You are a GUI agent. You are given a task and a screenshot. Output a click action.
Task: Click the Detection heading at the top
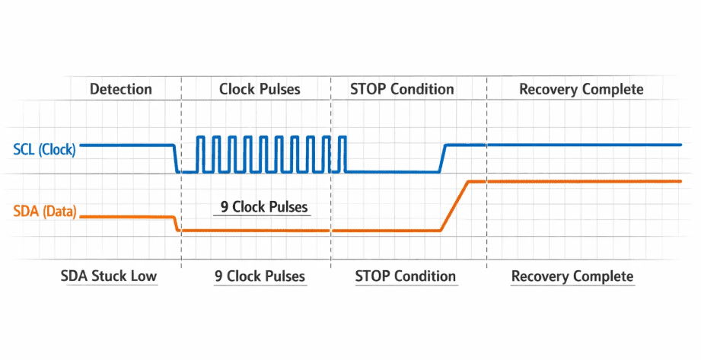[x=121, y=89]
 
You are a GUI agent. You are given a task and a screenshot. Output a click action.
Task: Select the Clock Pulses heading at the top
[x=260, y=89]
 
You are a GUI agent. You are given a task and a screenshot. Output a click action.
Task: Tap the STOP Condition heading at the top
[x=402, y=89]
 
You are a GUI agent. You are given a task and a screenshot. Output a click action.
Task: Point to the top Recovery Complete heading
[x=582, y=90]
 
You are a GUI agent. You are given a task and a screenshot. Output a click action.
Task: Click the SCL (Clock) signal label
[x=44, y=149]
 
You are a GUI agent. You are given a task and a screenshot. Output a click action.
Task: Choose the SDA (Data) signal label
[x=45, y=211]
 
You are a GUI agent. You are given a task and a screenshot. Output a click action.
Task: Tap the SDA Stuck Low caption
[x=109, y=276]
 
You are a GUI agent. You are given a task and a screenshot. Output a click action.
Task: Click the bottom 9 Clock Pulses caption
[x=260, y=276]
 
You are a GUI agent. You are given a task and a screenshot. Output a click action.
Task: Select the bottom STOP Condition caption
[x=406, y=276]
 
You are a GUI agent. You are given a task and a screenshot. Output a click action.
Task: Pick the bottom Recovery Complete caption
[x=572, y=276]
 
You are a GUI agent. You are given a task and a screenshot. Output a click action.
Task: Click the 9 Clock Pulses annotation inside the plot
[x=264, y=206]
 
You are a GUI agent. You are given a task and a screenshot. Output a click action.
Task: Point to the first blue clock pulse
[x=201, y=154]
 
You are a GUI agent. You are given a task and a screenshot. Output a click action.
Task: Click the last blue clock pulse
[x=342, y=154]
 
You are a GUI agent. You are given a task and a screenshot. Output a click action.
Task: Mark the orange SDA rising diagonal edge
[x=454, y=206]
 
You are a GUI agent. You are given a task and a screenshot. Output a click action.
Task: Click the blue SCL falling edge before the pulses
[x=176, y=158]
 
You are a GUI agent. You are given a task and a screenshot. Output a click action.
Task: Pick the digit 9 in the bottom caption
[x=218, y=276]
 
